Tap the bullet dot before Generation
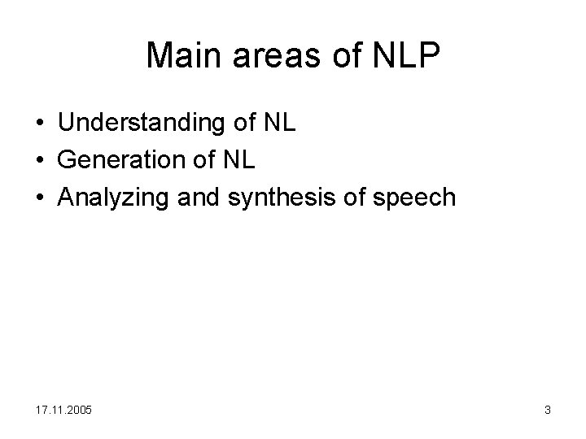pyautogui.click(x=40, y=161)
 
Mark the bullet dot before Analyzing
pyautogui.click(x=40, y=198)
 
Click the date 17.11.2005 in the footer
pyautogui.click(x=63, y=410)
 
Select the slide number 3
pyautogui.click(x=548, y=410)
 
